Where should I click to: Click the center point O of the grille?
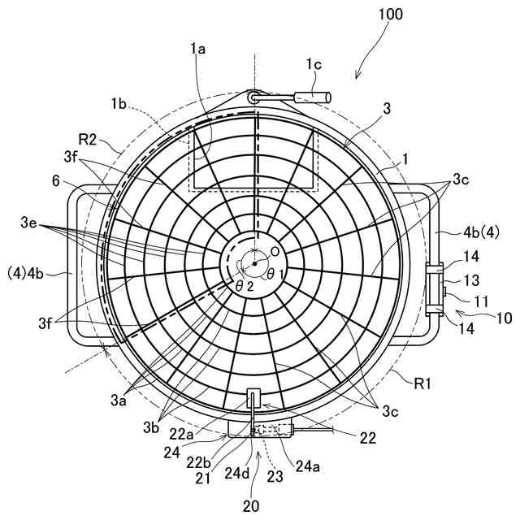(x=254, y=263)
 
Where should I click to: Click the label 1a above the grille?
(x=197, y=50)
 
